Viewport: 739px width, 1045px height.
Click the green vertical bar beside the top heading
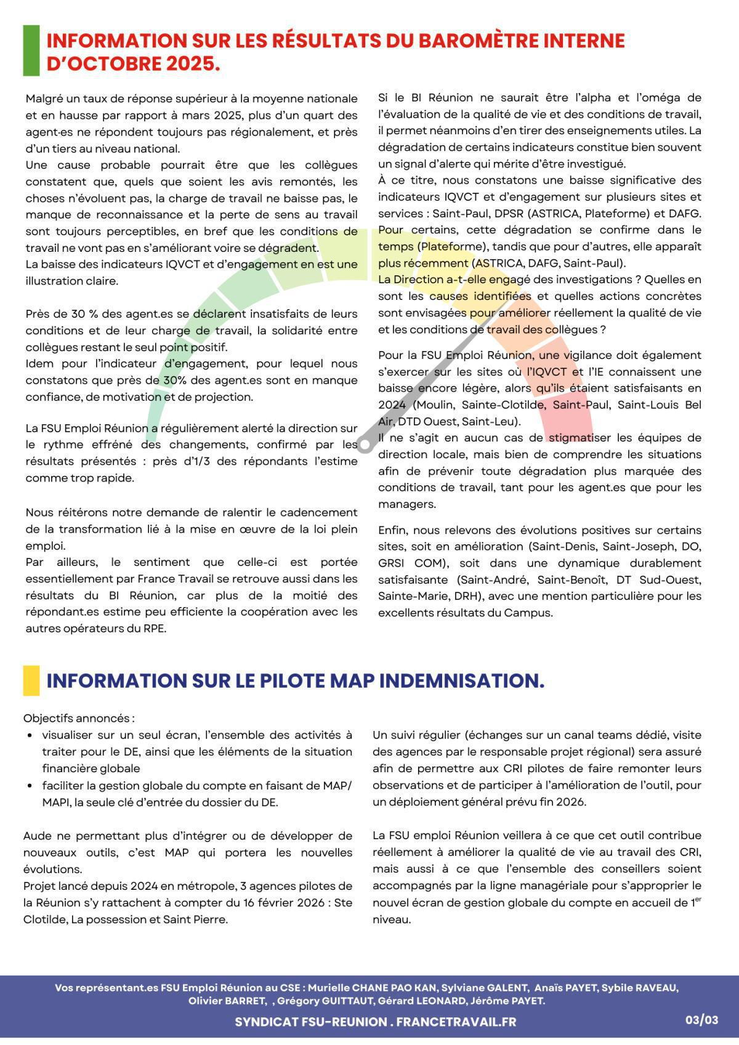[31, 50]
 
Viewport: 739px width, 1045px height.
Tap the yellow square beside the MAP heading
[31, 680]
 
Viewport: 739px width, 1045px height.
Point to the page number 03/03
[702, 1020]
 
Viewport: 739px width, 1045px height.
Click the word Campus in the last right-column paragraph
[528, 613]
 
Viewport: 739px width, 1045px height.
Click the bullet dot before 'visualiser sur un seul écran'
[30, 735]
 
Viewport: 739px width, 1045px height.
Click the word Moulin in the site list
[437, 405]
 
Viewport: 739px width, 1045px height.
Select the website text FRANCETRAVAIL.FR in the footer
[456, 1022]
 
